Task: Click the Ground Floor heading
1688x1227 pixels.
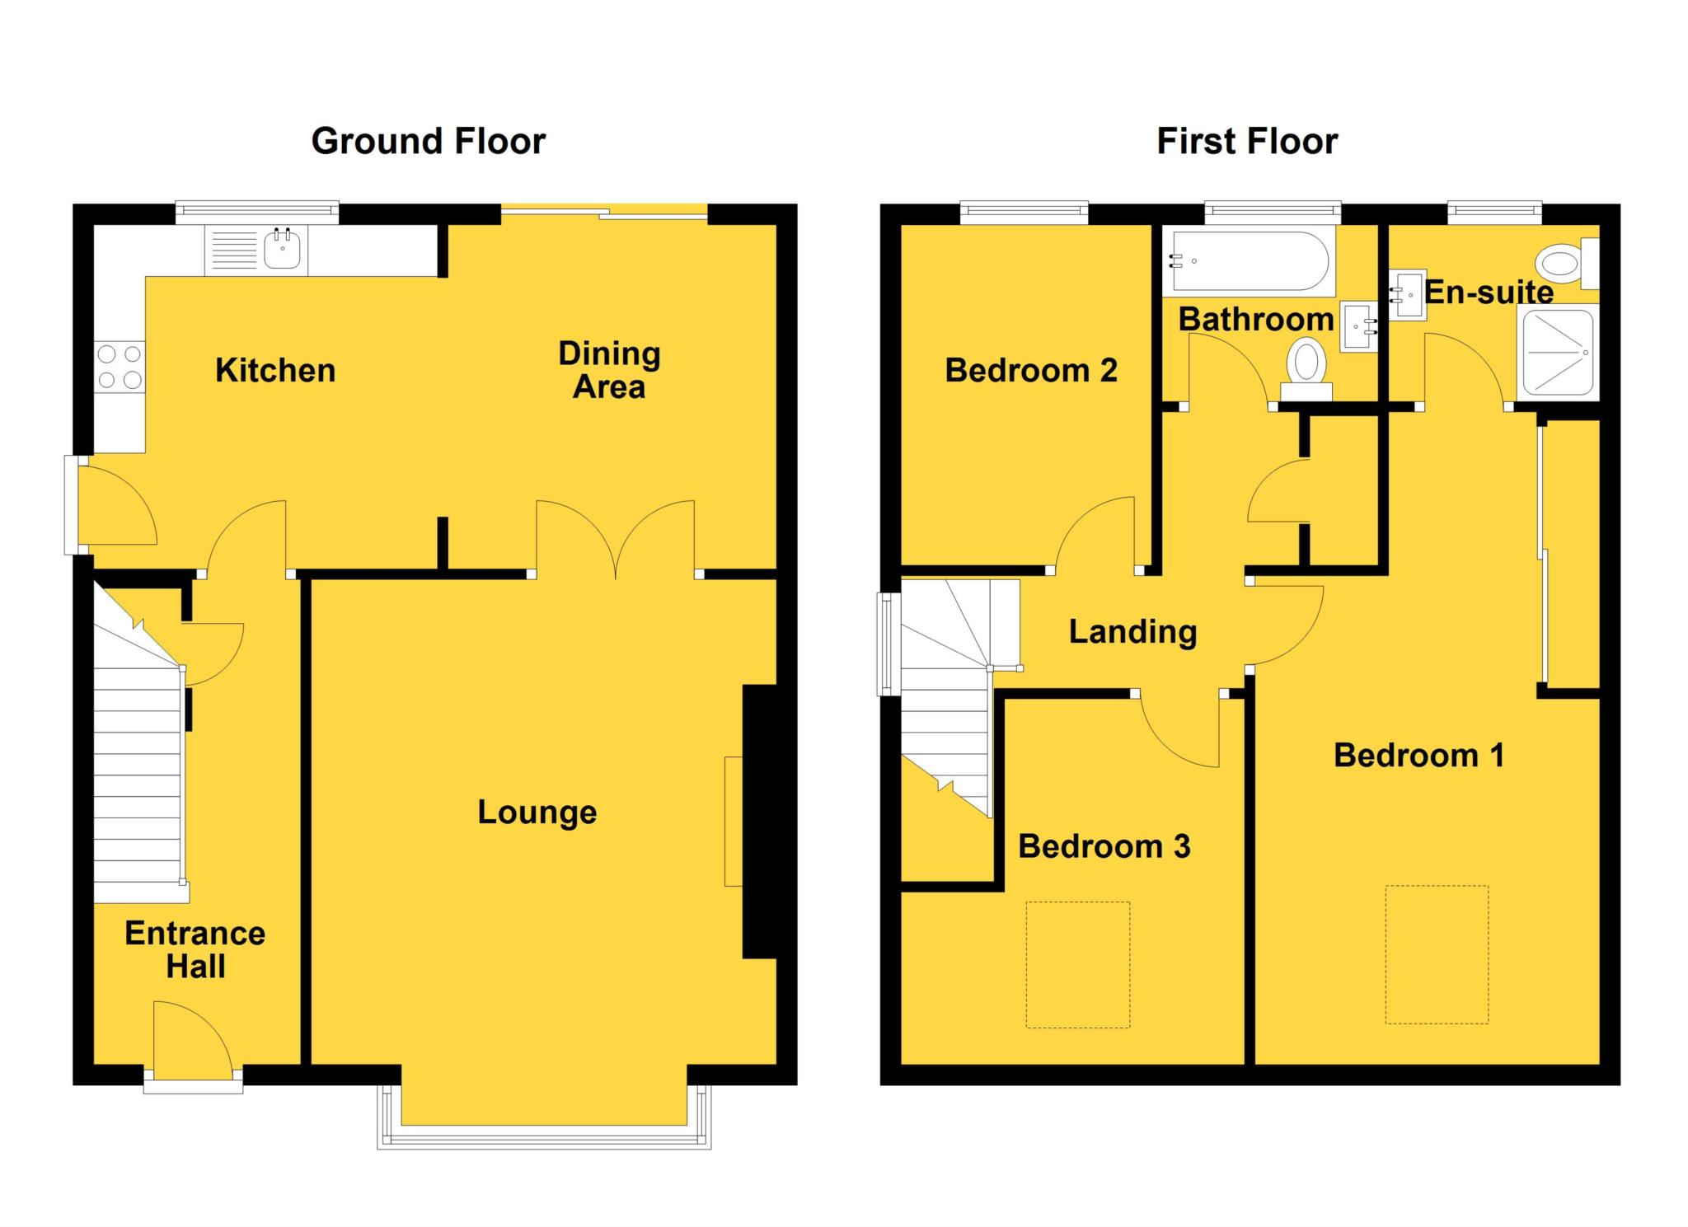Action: pyautogui.click(x=428, y=141)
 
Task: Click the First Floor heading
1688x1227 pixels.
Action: pyautogui.click(x=1246, y=141)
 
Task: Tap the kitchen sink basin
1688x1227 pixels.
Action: pyautogui.click(x=283, y=249)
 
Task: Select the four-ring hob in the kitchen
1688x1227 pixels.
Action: pyautogui.click(x=120, y=367)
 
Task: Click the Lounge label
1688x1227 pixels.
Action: pyautogui.click(x=537, y=813)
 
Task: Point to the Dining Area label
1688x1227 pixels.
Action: pyautogui.click(x=609, y=370)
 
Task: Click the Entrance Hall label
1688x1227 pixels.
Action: pyautogui.click(x=195, y=949)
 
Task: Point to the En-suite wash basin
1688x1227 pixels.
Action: pyautogui.click(x=1407, y=295)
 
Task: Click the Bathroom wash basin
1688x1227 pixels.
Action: pyautogui.click(x=1359, y=327)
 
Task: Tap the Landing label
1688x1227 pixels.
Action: pyautogui.click(x=1132, y=632)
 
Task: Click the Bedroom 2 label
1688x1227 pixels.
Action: pyautogui.click(x=1030, y=371)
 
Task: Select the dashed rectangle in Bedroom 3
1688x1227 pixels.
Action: pyautogui.click(x=1077, y=964)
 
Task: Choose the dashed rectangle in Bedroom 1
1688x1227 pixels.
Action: pyautogui.click(x=1437, y=954)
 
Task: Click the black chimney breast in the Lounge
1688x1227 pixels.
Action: pyautogui.click(x=760, y=822)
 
